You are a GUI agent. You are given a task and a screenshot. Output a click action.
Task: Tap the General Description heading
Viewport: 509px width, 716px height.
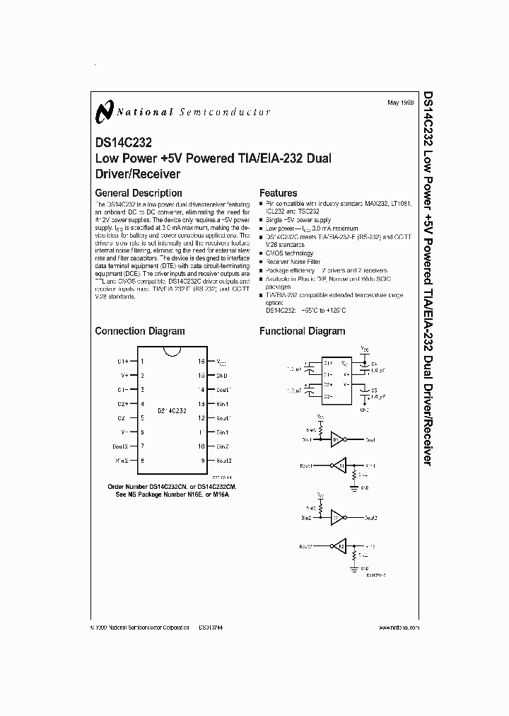tap(139, 193)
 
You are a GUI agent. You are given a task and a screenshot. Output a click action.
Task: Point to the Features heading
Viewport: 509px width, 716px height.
tap(279, 193)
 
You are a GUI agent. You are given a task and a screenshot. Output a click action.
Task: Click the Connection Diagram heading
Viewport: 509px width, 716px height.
tap(140, 331)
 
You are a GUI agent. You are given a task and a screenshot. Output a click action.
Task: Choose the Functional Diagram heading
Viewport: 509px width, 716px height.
tap(303, 331)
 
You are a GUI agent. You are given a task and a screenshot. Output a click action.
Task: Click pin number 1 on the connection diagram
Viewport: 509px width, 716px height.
tap(142, 362)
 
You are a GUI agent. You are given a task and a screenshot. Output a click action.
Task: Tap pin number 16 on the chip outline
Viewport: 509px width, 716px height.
tap(201, 362)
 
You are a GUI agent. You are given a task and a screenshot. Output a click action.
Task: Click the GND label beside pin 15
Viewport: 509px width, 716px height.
tap(221, 376)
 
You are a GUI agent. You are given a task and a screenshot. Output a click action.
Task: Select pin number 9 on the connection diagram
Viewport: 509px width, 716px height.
tap(202, 460)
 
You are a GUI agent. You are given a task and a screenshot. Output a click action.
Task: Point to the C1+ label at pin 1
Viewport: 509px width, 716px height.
tap(122, 362)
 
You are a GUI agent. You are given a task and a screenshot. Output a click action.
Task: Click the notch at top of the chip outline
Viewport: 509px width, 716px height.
tap(172, 352)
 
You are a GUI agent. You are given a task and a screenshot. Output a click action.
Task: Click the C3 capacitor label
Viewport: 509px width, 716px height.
tap(375, 390)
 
